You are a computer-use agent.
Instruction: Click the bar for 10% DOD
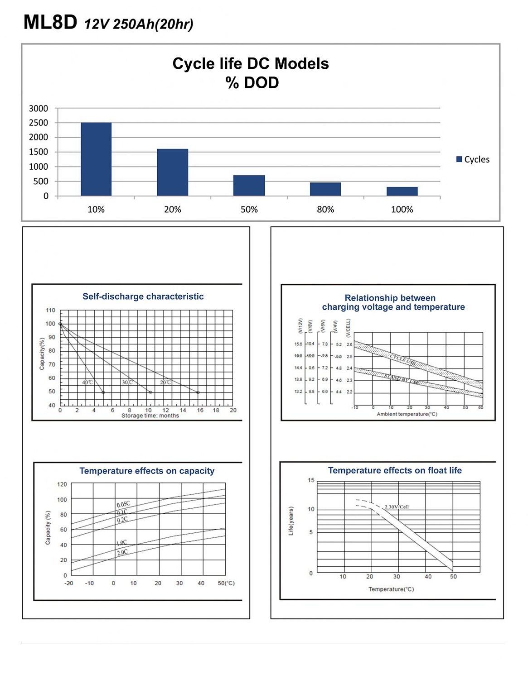click(x=96, y=159)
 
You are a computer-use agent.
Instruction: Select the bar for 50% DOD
click(x=249, y=186)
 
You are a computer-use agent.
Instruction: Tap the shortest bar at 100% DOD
click(x=402, y=191)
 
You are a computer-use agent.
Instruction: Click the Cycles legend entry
click(x=473, y=159)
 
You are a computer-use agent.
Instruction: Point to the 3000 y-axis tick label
click(x=39, y=108)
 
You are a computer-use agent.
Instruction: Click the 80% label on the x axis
click(x=325, y=210)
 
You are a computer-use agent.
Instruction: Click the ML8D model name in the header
click(x=50, y=22)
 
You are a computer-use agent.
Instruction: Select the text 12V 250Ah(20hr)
click(x=139, y=24)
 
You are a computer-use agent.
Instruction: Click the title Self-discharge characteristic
click(x=143, y=296)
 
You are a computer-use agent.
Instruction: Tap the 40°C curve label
click(x=87, y=383)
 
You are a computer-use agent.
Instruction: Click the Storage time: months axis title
click(x=150, y=416)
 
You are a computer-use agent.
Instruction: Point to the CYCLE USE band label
click(x=403, y=360)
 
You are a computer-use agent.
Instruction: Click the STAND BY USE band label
click(x=402, y=379)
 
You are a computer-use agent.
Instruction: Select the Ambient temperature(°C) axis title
click(x=407, y=414)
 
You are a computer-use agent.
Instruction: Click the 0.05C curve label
click(x=123, y=504)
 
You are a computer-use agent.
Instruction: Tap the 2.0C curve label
click(x=122, y=552)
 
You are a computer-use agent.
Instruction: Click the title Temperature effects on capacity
click(x=147, y=471)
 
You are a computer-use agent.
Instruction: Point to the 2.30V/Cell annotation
click(x=397, y=507)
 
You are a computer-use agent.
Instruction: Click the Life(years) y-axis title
click(x=291, y=521)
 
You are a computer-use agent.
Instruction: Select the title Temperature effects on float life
click(x=395, y=470)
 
